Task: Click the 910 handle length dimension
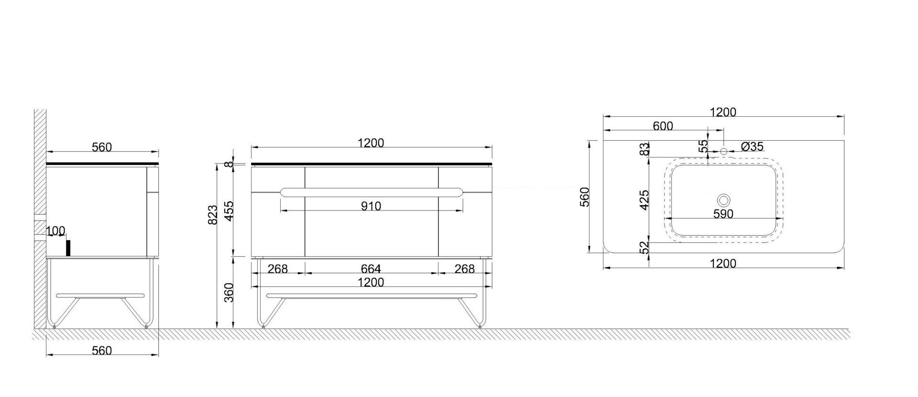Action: pyautogui.click(x=371, y=206)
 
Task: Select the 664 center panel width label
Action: pyautogui.click(x=371, y=269)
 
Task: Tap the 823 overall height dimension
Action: pyautogui.click(x=213, y=214)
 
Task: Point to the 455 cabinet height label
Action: pyautogui.click(x=229, y=211)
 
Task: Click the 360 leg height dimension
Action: pyautogui.click(x=229, y=292)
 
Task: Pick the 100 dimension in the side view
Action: pyautogui.click(x=56, y=232)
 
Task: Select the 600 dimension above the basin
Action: pyautogui.click(x=663, y=126)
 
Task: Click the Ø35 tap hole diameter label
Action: pyautogui.click(x=752, y=147)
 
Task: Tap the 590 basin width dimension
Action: pyautogui.click(x=723, y=214)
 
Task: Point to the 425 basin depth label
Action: pyautogui.click(x=645, y=200)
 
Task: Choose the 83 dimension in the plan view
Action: pyautogui.click(x=645, y=149)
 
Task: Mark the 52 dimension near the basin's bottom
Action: pyautogui.click(x=645, y=247)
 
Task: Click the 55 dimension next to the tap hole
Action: pyautogui.click(x=703, y=146)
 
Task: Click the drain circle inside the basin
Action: pyautogui.click(x=724, y=200)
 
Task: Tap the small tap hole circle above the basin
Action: pyautogui.click(x=723, y=152)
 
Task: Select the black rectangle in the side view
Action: pyautogui.click(x=68, y=248)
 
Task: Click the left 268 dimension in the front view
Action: pyautogui.click(x=278, y=269)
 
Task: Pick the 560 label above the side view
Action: pyautogui.click(x=102, y=147)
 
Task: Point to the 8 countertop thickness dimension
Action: pyautogui.click(x=230, y=164)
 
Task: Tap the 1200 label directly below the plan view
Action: pyautogui.click(x=723, y=264)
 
